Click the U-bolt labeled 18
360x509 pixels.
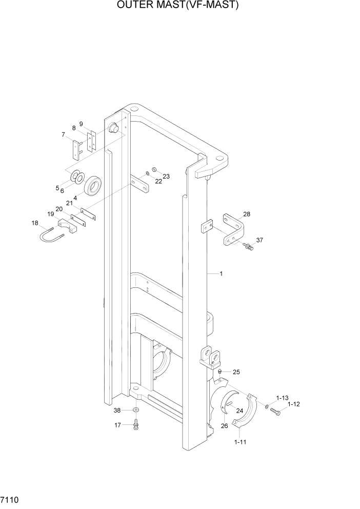click(x=51, y=236)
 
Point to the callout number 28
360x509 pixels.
click(x=247, y=214)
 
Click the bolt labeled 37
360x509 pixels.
click(x=249, y=247)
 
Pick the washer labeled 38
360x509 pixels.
click(x=136, y=410)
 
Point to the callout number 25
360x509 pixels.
click(x=236, y=371)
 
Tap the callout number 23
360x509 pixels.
click(x=166, y=176)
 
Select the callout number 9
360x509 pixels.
click(x=81, y=124)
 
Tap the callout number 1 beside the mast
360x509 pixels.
click(x=221, y=273)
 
